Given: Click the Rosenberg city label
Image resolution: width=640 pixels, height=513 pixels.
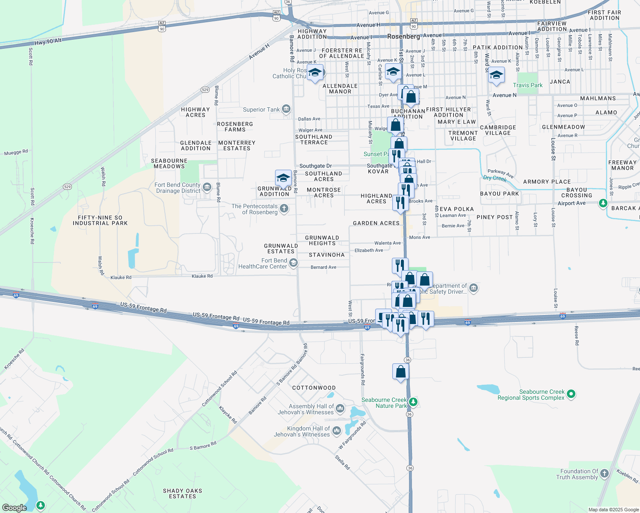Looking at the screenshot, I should (x=403, y=37).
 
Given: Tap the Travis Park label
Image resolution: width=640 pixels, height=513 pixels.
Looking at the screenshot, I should (x=527, y=85).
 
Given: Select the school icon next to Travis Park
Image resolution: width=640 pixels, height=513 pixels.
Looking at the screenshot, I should (x=496, y=75).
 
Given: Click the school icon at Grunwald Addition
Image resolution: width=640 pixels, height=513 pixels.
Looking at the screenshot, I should (x=283, y=178).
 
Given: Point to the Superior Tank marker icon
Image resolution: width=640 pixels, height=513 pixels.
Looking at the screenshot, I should (x=286, y=109).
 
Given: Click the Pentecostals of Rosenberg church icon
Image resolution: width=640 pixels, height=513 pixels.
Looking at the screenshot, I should (x=284, y=209).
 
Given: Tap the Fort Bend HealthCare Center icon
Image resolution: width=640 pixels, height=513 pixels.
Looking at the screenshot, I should (x=293, y=263).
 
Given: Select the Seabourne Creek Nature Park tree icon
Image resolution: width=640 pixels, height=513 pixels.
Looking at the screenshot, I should (x=413, y=402).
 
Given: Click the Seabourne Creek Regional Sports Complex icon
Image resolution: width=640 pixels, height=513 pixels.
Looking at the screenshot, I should (x=572, y=394).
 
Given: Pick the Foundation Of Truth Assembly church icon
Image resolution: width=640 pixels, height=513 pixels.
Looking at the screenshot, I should (x=604, y=473).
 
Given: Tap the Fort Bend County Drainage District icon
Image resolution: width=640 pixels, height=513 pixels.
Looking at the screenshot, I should (x=207, y=187).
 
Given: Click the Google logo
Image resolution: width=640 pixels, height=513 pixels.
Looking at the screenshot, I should (x=14, y=508).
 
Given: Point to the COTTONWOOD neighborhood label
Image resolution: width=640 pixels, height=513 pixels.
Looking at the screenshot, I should (x=314, y=388).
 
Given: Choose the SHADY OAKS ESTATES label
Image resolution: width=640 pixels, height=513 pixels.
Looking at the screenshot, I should (x=182, y=493).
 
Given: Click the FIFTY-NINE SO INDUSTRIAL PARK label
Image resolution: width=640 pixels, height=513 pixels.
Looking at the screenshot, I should (x=100, y=220).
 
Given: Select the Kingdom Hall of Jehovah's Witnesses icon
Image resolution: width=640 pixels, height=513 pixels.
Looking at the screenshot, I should (x=337, y=430).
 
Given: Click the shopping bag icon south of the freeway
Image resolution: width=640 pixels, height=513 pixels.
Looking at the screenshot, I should (x=400, y=371).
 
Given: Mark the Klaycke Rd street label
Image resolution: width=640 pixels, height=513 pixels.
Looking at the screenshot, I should (x=228, y=415).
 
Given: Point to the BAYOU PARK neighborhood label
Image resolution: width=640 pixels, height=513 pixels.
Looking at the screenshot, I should (x=499, y=194).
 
